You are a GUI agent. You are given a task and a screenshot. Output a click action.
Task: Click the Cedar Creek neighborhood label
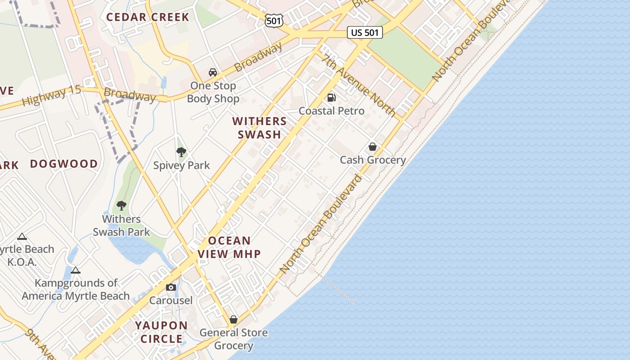[x=148, y=17]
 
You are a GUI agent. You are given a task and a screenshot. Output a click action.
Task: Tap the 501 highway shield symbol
[x=274, y=20]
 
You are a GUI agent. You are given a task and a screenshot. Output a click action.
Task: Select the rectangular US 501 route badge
[x=365, y=32]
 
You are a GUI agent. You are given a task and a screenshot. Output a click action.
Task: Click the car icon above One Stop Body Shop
[x=213, y=72]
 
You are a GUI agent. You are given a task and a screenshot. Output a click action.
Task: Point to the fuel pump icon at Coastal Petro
[x=332, y=97]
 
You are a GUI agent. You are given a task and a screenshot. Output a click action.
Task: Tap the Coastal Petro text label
[x=332, y=111]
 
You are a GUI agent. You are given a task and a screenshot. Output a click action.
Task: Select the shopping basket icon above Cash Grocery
[x=373, y=147]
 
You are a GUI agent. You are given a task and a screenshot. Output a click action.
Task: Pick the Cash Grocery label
[x=373, y=160]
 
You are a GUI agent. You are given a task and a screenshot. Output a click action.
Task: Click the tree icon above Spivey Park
[x=181, y=152]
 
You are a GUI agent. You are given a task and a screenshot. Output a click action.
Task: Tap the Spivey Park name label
[x=181, y=165]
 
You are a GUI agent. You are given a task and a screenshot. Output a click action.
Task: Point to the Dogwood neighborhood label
[x=64, y=164]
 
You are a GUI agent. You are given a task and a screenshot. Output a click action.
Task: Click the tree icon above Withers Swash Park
[x=121, y=206]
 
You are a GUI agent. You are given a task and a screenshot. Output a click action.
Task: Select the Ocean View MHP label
[x=229, y=247]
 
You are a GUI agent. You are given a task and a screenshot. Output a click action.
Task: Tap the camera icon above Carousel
[x=171, y=287]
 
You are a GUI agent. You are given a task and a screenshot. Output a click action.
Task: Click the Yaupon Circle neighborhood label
[x=162, y=332]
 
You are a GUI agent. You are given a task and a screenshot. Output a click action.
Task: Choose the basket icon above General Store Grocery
[x=234, y=319]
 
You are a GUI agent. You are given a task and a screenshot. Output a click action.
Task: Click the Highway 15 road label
[x=52, y=95]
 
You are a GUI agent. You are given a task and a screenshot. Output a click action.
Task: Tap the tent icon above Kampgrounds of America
[x=76, y=270]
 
